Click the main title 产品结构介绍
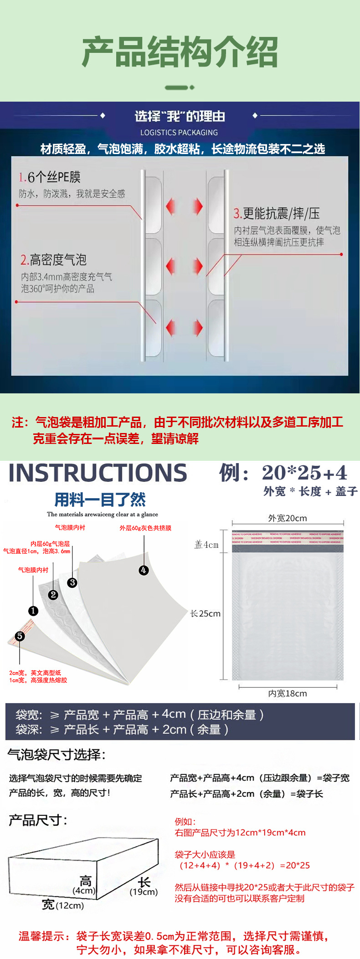[x=180, y=52]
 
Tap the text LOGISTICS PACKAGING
[x=179, y=133]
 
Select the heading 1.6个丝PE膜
[x=50, y=177]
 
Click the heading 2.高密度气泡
[x=53, y=260]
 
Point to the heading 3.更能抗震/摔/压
[x=277, y=213]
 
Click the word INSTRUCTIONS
[x=98, y=473]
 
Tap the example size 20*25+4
[x=304, y=473]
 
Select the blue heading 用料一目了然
[x=100, y=500]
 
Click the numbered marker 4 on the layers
[x=144, y=570]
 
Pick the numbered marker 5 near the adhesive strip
[x=20, y=636]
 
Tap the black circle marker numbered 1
[x=33, y=611]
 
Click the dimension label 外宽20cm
[x=288, y=518]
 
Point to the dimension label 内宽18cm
[x=288, y=693]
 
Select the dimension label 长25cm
[x=206, y=614]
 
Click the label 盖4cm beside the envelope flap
[x=206, y=545]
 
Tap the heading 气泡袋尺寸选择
[x=57, y=755]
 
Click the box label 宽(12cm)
[x=63, y=905]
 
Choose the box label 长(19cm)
[x=144, y=887]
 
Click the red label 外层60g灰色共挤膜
[x=145, y=528]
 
